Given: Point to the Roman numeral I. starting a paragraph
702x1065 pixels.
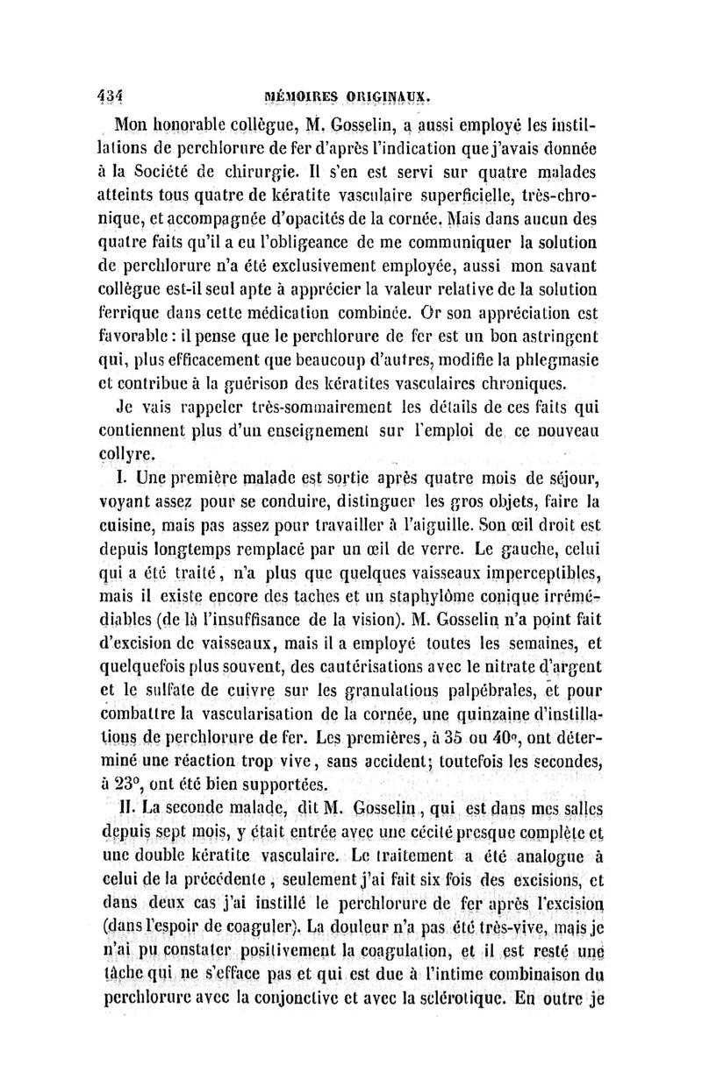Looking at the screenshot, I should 122,478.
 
